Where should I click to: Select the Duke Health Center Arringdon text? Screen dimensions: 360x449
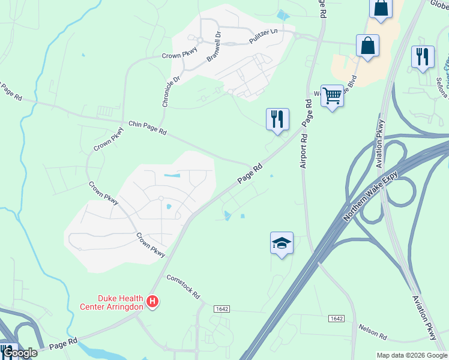point(112,302)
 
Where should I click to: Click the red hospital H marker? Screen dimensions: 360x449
point(153,301)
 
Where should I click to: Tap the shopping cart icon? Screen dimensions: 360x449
point(332,95)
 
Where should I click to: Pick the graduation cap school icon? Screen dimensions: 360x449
point(282,242)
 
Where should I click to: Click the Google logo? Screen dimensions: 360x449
point(19,353)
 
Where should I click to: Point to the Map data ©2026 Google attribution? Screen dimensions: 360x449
point(411,355)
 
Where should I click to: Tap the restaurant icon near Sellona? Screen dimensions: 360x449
point(423,56)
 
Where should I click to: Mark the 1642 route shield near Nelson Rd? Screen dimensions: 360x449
point(337,319)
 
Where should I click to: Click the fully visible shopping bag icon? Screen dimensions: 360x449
point(367,46)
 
